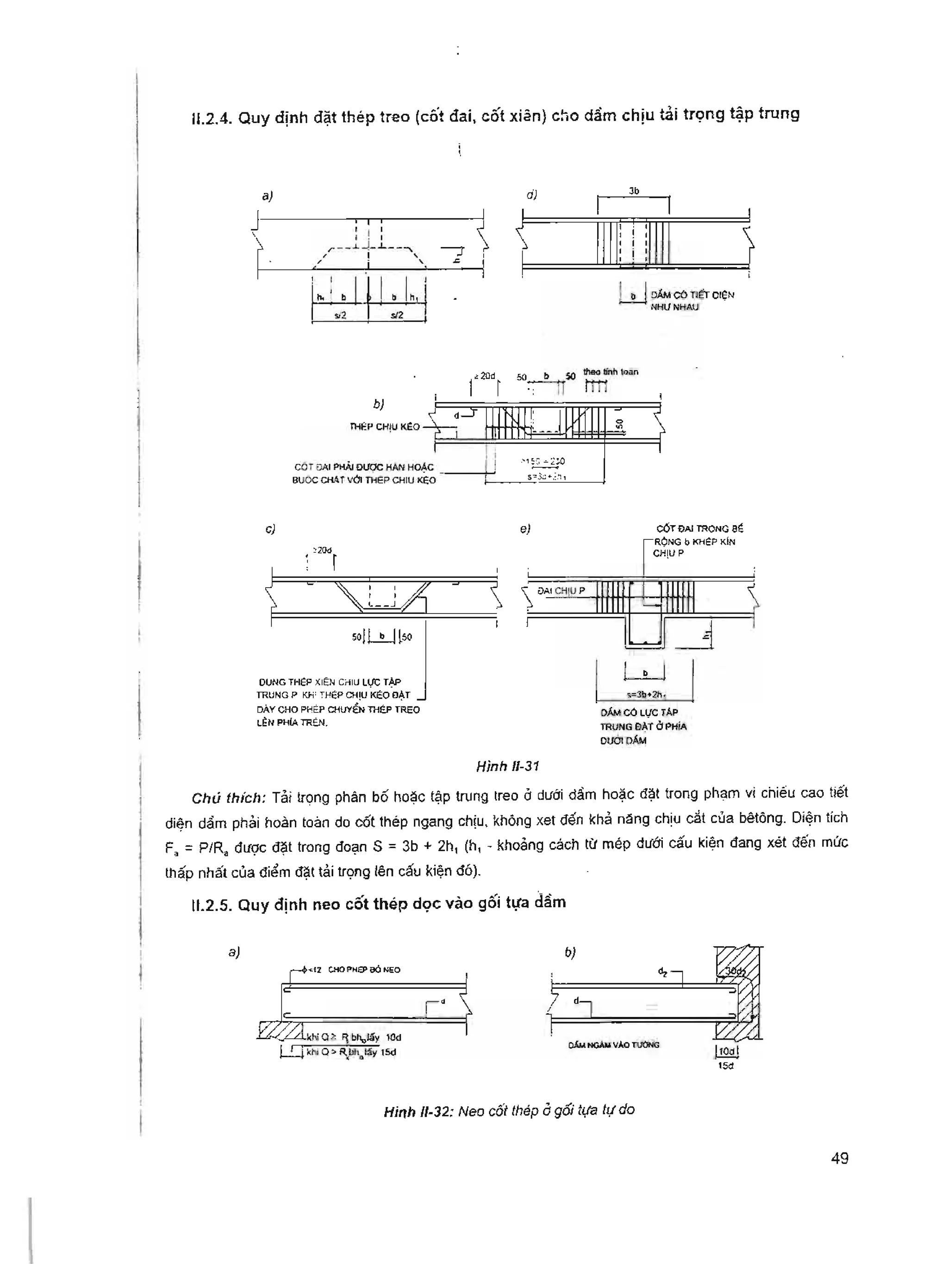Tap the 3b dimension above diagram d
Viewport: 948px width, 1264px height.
click(x=634, y=192)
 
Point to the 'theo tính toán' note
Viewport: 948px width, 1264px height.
click(x=610, y=372)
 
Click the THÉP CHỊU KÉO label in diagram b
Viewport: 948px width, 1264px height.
click(x=384, y=427)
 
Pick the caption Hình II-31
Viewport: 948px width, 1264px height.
click(x=508, y=766)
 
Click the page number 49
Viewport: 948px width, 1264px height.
click(x=839, y=1159)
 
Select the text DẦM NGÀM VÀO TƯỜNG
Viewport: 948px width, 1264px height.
click(x=613, y=1045)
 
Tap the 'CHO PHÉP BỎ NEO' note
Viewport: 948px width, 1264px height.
click(x=364, y=970)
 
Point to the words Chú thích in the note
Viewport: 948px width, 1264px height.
click(x=229, y=798)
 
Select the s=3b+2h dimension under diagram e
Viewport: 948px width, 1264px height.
click(x=644, y=695)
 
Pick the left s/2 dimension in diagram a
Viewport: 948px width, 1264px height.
click(x=340, y=316)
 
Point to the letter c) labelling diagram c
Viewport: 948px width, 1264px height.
click(x=270, y=529)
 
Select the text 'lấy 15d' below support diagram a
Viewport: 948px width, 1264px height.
click(x=381, y=1052)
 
